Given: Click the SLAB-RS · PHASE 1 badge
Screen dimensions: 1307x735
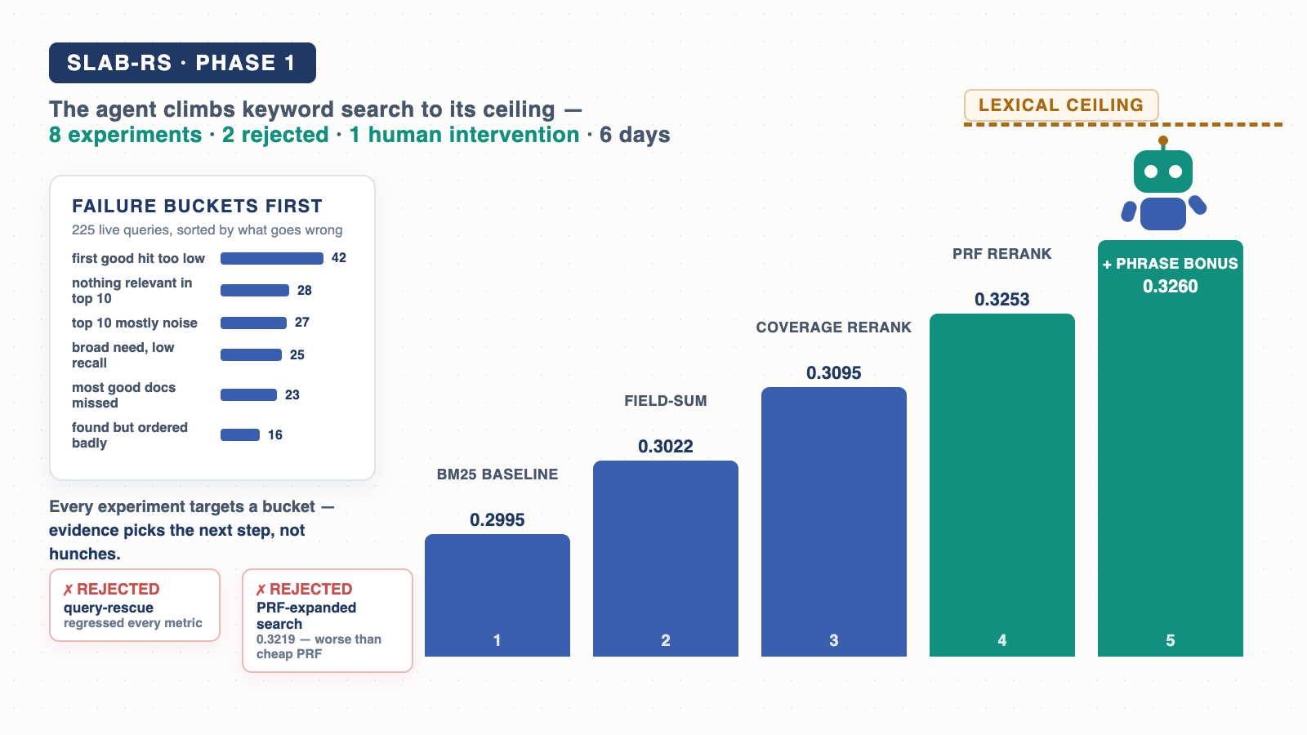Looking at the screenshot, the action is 182,63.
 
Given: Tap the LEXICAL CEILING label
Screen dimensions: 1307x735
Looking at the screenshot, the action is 1061,105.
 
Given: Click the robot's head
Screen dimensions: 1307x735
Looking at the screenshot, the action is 1163,171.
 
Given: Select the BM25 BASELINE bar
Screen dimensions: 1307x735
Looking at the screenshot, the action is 497,595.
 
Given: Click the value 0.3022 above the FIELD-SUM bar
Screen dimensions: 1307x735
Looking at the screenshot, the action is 665,446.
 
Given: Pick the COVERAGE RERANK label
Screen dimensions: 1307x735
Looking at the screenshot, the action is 834,327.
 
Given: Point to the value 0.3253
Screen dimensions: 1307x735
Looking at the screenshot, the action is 1001,299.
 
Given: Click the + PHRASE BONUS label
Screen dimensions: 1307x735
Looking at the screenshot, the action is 1170,264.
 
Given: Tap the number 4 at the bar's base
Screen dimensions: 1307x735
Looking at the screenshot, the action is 1001,640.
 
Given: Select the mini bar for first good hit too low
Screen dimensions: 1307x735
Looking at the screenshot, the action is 272,258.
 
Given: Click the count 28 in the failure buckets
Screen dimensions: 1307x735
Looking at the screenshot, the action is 305,291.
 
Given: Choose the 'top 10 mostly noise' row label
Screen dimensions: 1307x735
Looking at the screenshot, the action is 135,323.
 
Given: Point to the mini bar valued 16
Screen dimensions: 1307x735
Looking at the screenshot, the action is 240,435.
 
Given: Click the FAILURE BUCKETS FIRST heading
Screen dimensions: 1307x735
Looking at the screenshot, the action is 197,206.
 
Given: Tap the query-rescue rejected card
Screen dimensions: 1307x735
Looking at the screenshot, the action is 135,605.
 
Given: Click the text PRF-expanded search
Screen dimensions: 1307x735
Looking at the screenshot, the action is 306,616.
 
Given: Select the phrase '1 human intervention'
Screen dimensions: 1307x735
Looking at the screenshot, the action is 465,135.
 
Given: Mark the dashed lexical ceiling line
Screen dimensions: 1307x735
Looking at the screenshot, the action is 1123,124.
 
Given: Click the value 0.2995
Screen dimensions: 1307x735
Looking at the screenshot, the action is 497,519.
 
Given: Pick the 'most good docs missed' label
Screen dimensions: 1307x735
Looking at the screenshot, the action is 123,395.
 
